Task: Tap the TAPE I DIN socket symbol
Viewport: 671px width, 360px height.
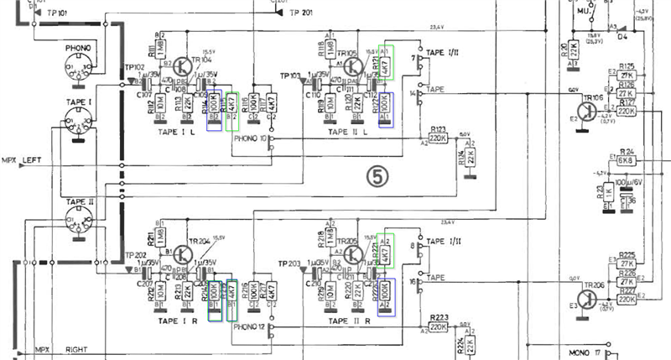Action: click(x=80, y=127)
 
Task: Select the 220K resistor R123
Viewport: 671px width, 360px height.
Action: click(x=438, y=138)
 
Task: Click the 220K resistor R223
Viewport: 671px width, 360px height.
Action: click(x=438, y=327)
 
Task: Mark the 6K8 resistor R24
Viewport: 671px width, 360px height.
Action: click(x=626, y=159)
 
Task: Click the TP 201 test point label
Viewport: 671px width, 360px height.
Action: click(x=299, y=13)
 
